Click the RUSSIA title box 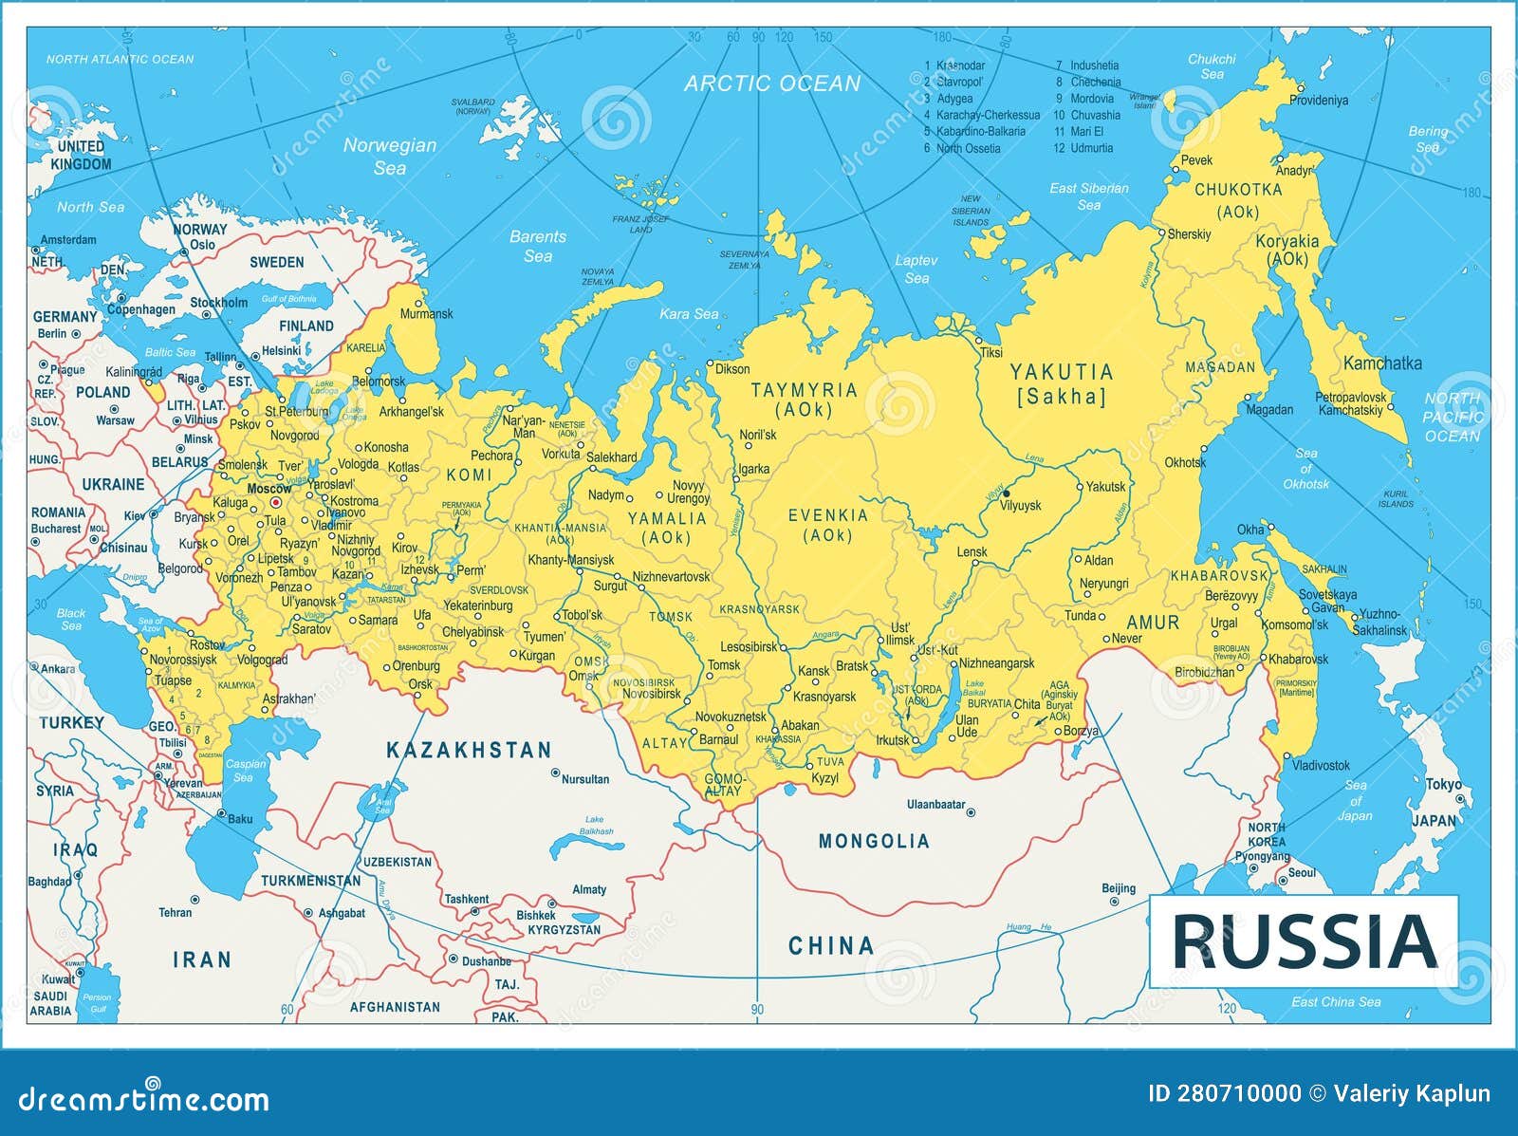[1304, 940]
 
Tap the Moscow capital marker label [268, 489]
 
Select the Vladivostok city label [1321, 765]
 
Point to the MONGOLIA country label [874, 841]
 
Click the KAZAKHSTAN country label [469, 751]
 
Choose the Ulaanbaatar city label [935, 805]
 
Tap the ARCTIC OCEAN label [772, 84]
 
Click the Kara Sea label [689, 314]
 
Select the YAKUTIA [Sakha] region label [1061, 384]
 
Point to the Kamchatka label [1382, 363]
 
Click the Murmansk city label [426, 313]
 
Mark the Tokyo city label [1443, 785]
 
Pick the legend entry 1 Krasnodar [955, 65]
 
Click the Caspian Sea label [245, 771]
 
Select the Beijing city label [1119, 888]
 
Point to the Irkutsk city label [892, 740]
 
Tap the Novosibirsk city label [651, 694]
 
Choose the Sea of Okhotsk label [1306, 469]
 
